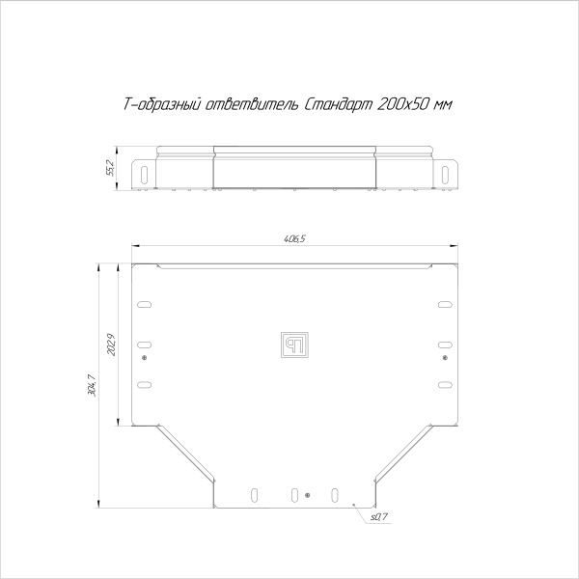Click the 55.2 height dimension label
[111, 167]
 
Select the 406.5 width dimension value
[296, 238]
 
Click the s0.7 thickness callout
[377, 518]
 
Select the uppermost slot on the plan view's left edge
[144, 306]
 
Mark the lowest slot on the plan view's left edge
[144, 384]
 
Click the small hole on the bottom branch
[307, 495]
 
